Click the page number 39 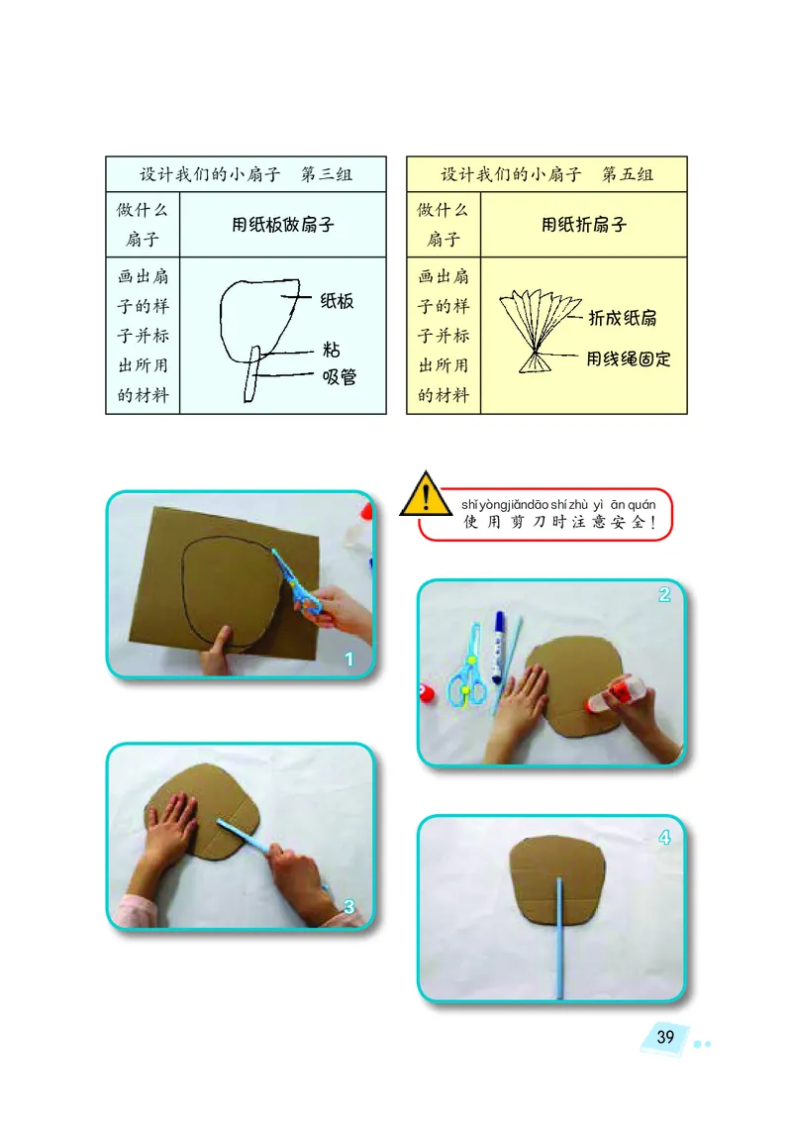coord(665,1037)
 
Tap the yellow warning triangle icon coord(425,495)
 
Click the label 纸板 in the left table coord(337,302)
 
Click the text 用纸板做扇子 coord(283,225)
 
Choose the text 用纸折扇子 coord(583,225)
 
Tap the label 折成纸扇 coord(623,318)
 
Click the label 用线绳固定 coord(629,358)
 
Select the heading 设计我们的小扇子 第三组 coord(246,175)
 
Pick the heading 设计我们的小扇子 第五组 coord(546,175)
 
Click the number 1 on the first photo coord(348,659)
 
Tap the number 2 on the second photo coord(664,595)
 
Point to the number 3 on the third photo coord(349,906)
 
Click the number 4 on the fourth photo coord(664,837)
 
